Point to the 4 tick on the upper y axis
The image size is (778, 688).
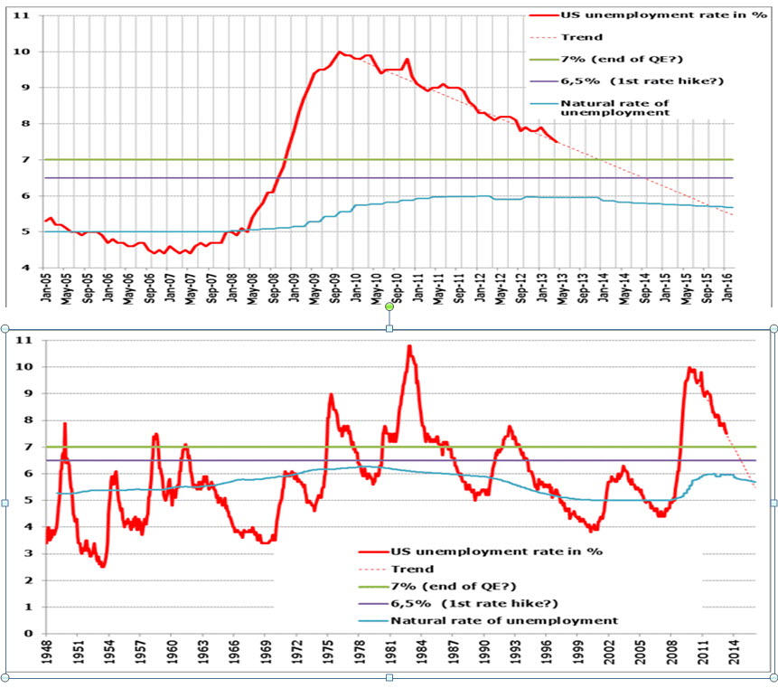(29, 268)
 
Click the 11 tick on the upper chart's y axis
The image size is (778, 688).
(27, 16)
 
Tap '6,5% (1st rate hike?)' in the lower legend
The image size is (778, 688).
(473, 603)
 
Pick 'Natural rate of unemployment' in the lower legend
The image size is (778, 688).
(504, 620)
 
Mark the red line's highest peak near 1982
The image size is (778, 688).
(409, 345)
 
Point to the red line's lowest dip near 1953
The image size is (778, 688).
(103, 566)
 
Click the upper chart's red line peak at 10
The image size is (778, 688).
(339, 52)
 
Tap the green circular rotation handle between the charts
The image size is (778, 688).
(389, 307)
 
